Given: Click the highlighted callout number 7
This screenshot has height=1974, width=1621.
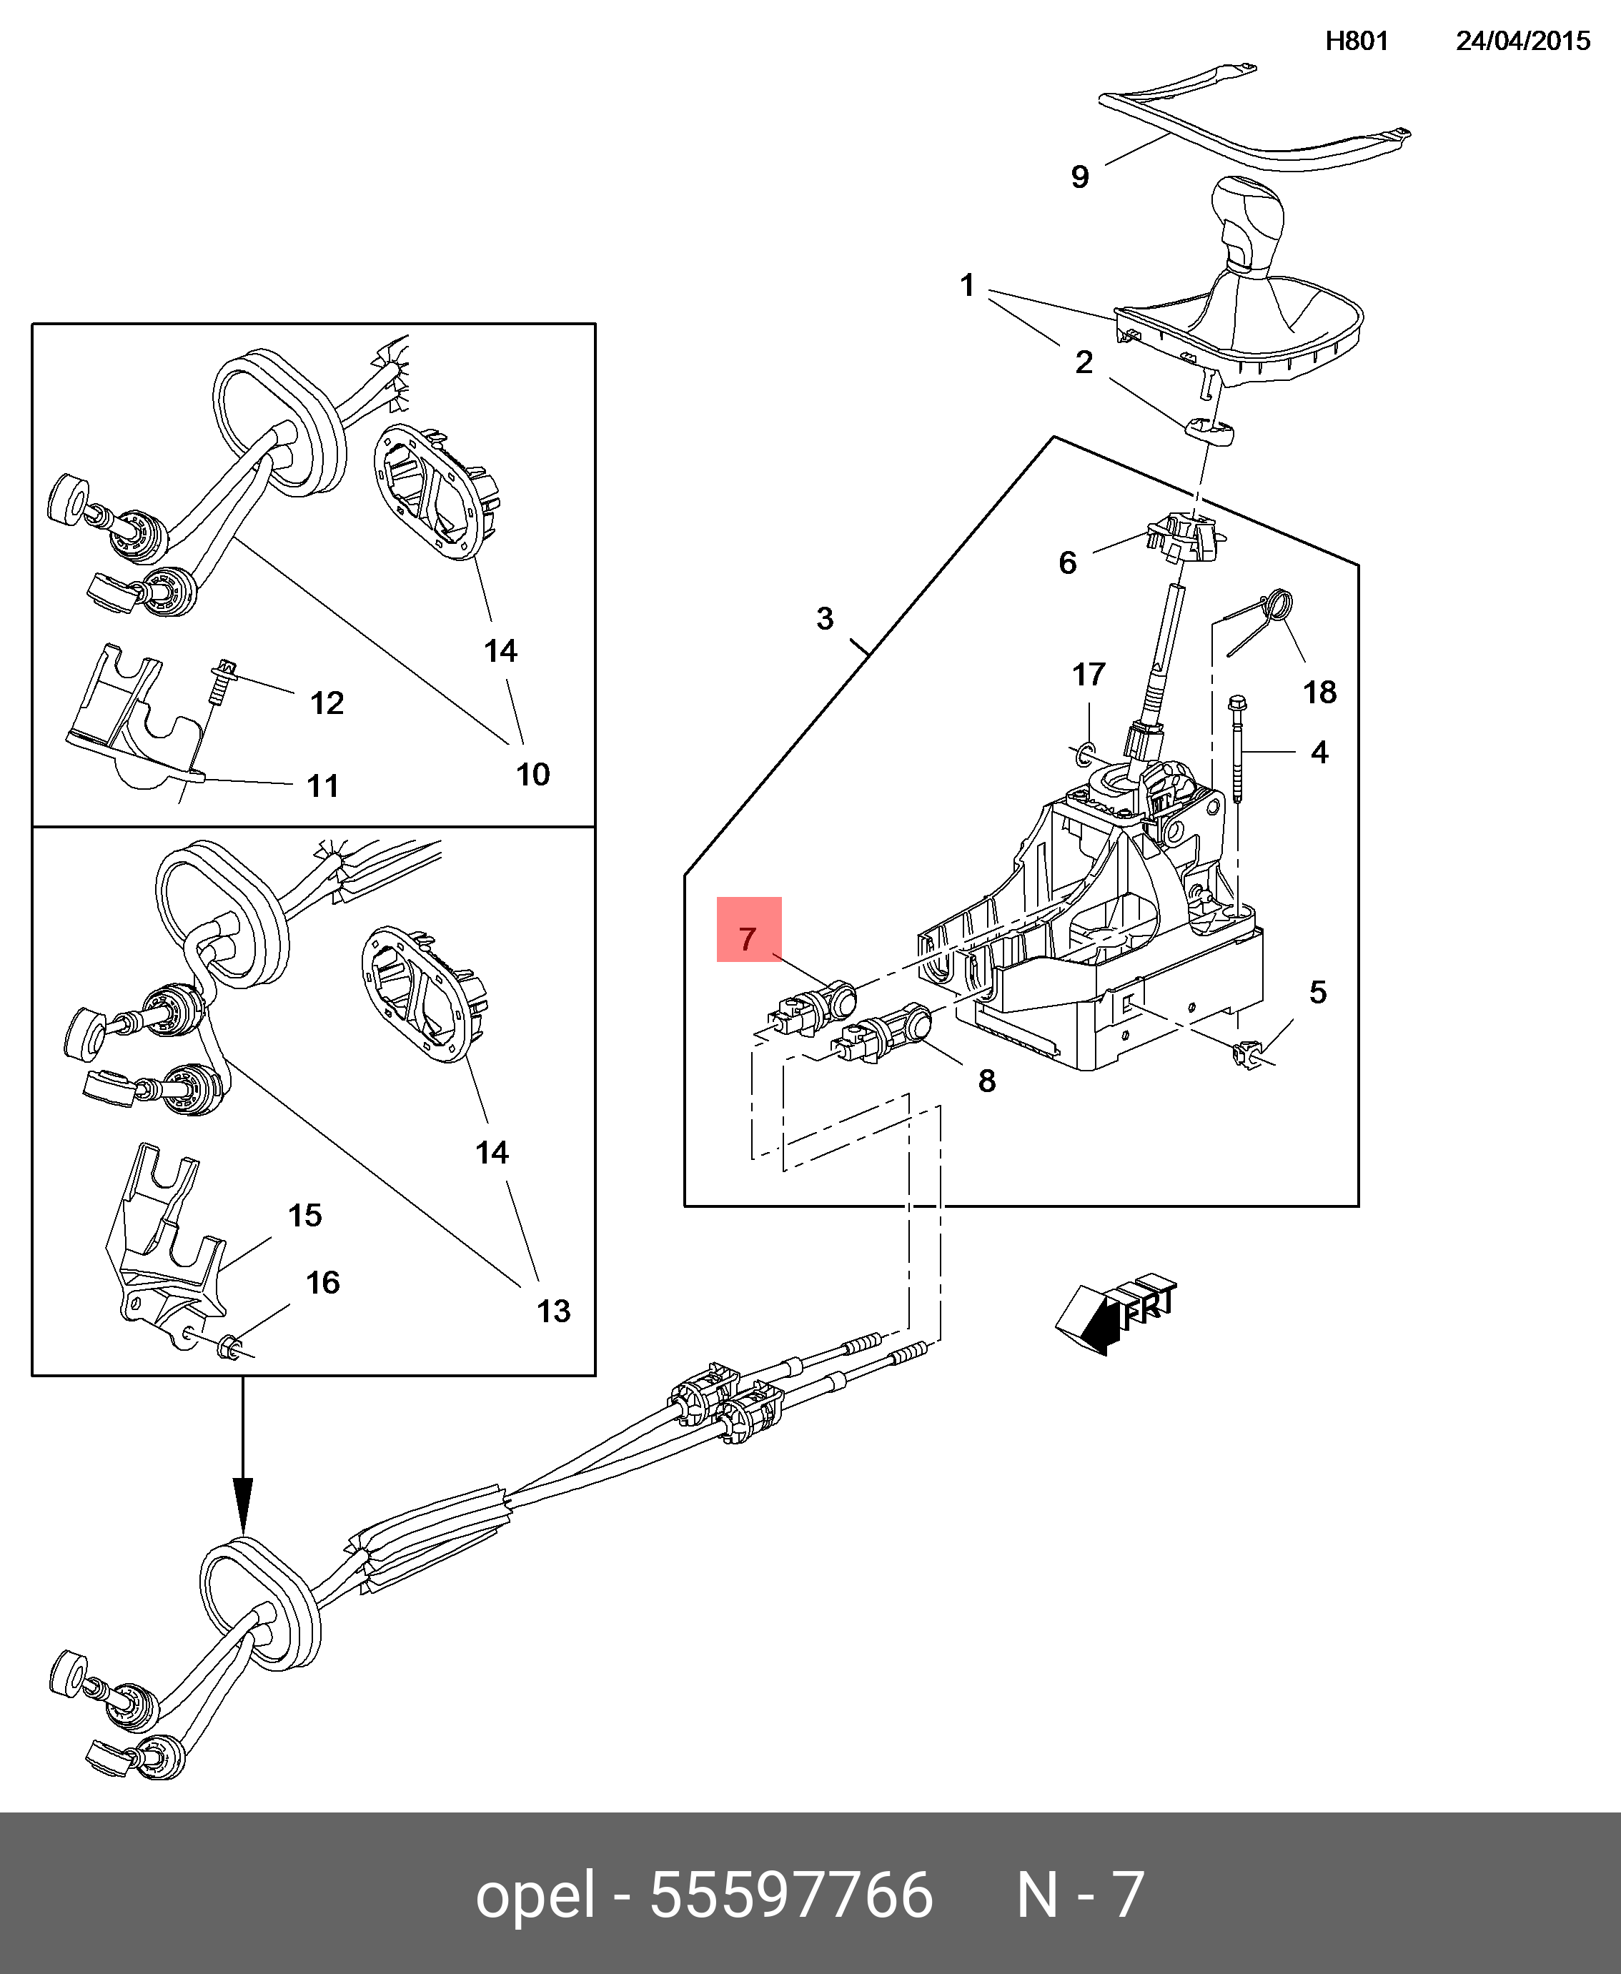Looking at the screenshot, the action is click(x=747, y=939).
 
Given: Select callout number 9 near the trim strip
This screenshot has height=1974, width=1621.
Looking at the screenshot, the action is click(x=1079, y=177).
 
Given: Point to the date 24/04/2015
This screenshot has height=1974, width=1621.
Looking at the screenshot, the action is click(x=1523, y=41).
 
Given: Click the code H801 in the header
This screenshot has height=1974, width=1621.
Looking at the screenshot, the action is click(x=1357, y=41).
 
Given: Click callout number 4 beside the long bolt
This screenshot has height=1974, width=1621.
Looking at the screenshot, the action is click(x=1319, y=752).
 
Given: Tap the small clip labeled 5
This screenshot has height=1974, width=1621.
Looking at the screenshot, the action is click(x=1249, y=1054).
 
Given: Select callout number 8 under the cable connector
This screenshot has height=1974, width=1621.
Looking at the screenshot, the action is click(x=987, y=1081).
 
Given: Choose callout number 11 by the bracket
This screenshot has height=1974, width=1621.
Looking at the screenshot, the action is click(x=323, y=786).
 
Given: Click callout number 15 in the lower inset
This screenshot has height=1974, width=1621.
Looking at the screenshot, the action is click(x=304, y=1216).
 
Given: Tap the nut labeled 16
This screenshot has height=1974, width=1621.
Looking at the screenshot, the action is click(x=229, y=1347).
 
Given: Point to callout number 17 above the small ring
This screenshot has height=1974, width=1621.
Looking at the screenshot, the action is click(x=1089, y=674).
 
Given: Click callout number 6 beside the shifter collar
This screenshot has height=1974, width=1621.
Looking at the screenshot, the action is click(x=1067, y=562).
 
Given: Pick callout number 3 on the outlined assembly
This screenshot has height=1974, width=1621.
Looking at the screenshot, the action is click(x=825, y=618).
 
